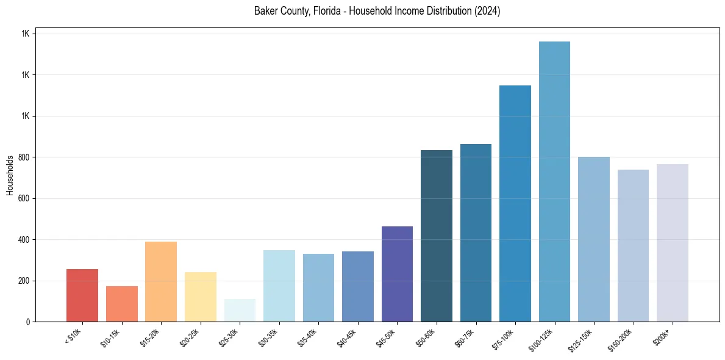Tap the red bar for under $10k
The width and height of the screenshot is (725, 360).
[x=82, y=295]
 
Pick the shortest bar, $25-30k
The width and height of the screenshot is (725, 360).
[x=240, y=311]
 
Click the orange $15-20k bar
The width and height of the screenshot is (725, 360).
[x=161, y=281]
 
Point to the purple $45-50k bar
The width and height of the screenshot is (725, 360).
[x=397, y=274]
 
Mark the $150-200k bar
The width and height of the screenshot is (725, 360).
[x=633, y=245]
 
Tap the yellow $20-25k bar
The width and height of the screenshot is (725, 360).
[x=201, y=297]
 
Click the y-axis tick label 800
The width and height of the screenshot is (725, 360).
[x=23, y=157]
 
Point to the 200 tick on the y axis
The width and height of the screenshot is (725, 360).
[x=23, y=281]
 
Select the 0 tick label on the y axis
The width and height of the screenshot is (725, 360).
[x=27, y=322]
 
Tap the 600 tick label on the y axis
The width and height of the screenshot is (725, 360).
[x=23, y=198]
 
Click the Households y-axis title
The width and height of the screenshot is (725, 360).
[x=10, y=175]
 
